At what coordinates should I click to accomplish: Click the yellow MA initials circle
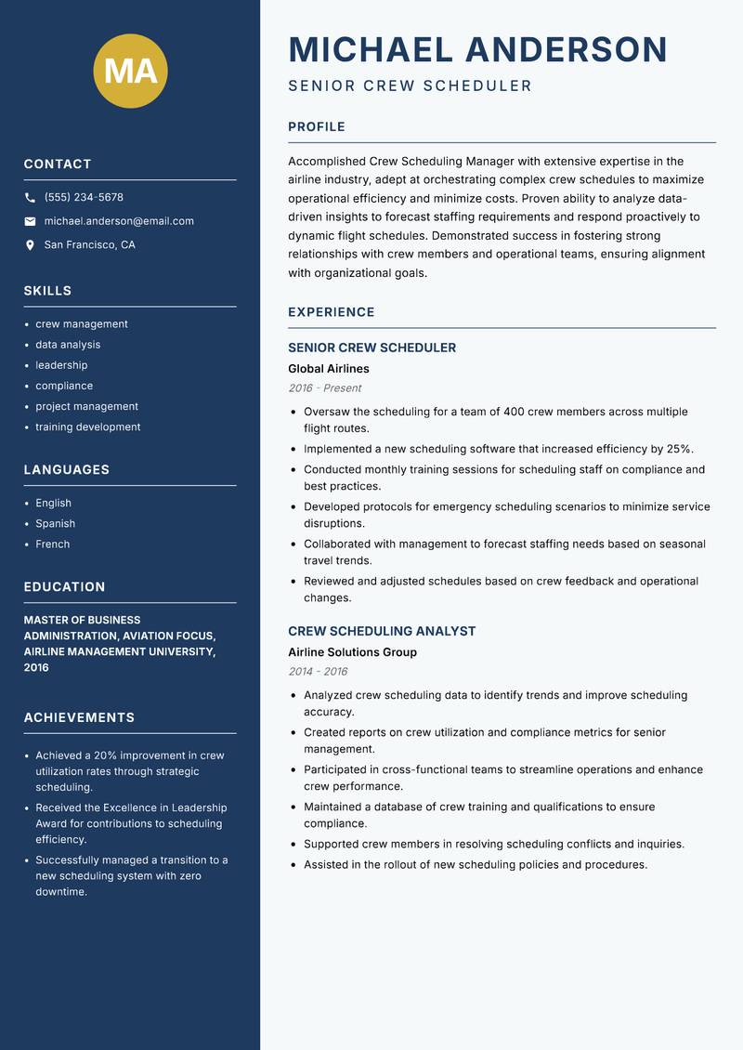(x=131, y=71)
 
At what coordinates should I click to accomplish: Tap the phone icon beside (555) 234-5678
(x=30, y=198)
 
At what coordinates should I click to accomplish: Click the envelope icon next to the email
(x=30, y=221)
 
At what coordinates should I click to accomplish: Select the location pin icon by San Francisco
(x=30, y=245)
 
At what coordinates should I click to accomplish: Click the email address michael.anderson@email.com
(x=119, y=221)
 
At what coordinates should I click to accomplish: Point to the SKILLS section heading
(x=47, y=291)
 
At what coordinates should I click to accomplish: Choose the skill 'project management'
(x=86, y=406)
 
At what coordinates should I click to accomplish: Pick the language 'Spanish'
(x=55, y=523)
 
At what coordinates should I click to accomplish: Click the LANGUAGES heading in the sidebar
(x=67, y=470)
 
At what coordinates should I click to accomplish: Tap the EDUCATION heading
(x=64, y=587)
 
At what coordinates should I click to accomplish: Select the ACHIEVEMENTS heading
(x=79, y=718)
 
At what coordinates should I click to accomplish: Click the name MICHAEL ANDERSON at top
(x=477, y=49)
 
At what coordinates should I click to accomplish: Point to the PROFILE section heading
(x=316, y=127)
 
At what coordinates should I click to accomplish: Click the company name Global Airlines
(x=328, y=369)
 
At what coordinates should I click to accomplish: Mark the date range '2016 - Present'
(x=324, y=388)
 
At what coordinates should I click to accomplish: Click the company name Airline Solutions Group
(x=352, y=652)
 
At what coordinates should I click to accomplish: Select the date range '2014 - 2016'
(x=318, y=672)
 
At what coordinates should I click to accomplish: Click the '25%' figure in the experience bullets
(x=679, y=449)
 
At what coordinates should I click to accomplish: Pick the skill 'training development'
(x=88, y=427)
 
